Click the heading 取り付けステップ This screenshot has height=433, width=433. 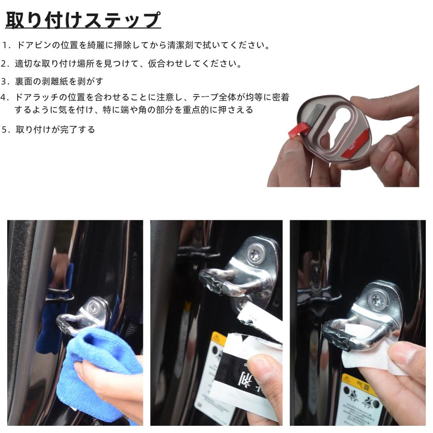[x=83, y=20]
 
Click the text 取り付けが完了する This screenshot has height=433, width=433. [x=55, y=130]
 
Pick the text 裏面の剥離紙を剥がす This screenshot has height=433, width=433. [x=59, y=81]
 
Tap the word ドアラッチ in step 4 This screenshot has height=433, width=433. [x=38, y=98]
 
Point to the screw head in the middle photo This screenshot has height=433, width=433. [x=256, y=255]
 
